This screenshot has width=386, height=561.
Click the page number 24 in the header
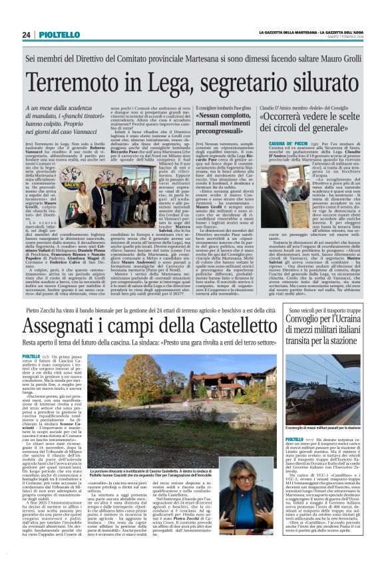(x=27, y=35)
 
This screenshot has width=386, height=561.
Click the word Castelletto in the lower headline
(x=221, y=324)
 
